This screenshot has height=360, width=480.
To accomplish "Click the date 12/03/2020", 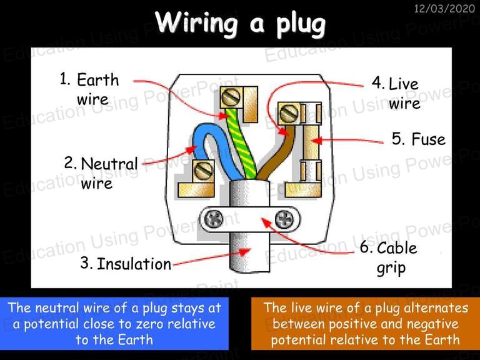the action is [x=444, y=8].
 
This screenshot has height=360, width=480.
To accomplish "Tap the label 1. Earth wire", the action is [x=89, y=89].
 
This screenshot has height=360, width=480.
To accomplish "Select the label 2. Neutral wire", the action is [x=101, y=173].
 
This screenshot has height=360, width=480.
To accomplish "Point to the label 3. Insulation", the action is [x=126, y=264].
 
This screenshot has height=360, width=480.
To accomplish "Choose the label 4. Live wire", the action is [x=396, y=93].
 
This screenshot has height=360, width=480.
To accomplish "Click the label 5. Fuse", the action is [x=419, y=139].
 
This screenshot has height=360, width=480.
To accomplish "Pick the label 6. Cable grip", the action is [x=389, y=257].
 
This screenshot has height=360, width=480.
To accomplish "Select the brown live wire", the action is [x=277, y=153].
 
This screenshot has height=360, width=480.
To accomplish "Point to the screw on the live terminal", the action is [x=289, y=113].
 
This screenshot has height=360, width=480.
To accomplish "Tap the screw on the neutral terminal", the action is [x=203, y=171].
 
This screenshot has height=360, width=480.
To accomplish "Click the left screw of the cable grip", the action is [x=213, y=219].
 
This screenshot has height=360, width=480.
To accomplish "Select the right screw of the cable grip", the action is [x=284, y=219].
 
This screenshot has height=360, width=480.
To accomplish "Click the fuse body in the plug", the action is [x=311, y=142].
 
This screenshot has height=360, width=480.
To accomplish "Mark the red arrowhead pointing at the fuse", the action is [x=317, y=141].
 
